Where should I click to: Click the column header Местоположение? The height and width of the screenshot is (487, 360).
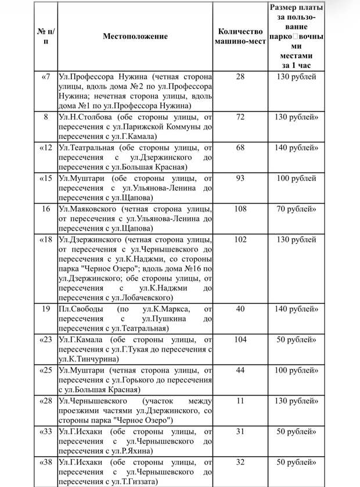pyautogui.click(x=135, y=36)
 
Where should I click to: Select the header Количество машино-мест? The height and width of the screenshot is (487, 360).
pyautogui.click(x=240, y=36)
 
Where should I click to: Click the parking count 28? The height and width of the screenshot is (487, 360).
pyautogui.click(x=240, y=77)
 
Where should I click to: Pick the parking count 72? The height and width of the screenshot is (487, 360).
pyautogui.click(x=240, y=117)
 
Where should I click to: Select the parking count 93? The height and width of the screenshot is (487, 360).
pyautogui.click(x=240, y=178)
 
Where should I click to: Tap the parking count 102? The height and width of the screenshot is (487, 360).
pyautogui.click(x=240, y=238)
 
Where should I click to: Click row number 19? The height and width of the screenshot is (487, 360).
pyautogui.click(x=46, y=309)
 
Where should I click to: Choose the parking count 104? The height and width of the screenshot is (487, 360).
pyautogui.click(x=240, y=339)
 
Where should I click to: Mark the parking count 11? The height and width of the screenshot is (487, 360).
pyautogui.click(x=240, y=400)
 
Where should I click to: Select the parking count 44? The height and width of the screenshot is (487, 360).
pyautogui.click(x=240, y=370)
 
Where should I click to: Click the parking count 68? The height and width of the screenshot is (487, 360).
pyautogui.click(x=240, y=148)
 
